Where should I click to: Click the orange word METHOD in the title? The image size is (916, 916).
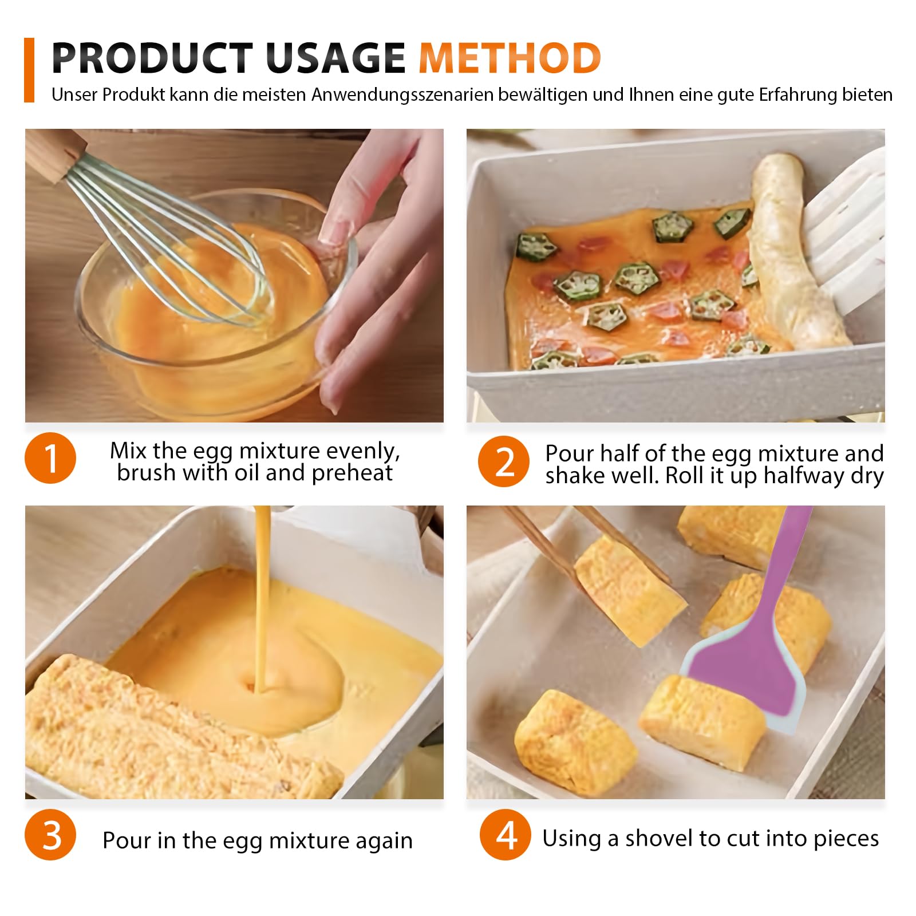pos(510,58)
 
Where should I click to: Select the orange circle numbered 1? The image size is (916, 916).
pos(50,458)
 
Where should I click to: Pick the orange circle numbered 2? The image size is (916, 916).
pos(504,461)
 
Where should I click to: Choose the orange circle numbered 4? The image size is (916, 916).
pos(506,834)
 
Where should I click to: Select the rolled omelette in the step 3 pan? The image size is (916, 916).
pos(172,733)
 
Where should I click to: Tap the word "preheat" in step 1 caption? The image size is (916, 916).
pos(352,473)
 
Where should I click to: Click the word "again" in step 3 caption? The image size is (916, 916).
pos(384,842)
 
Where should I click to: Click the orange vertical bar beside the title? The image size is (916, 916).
pos(29,70)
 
